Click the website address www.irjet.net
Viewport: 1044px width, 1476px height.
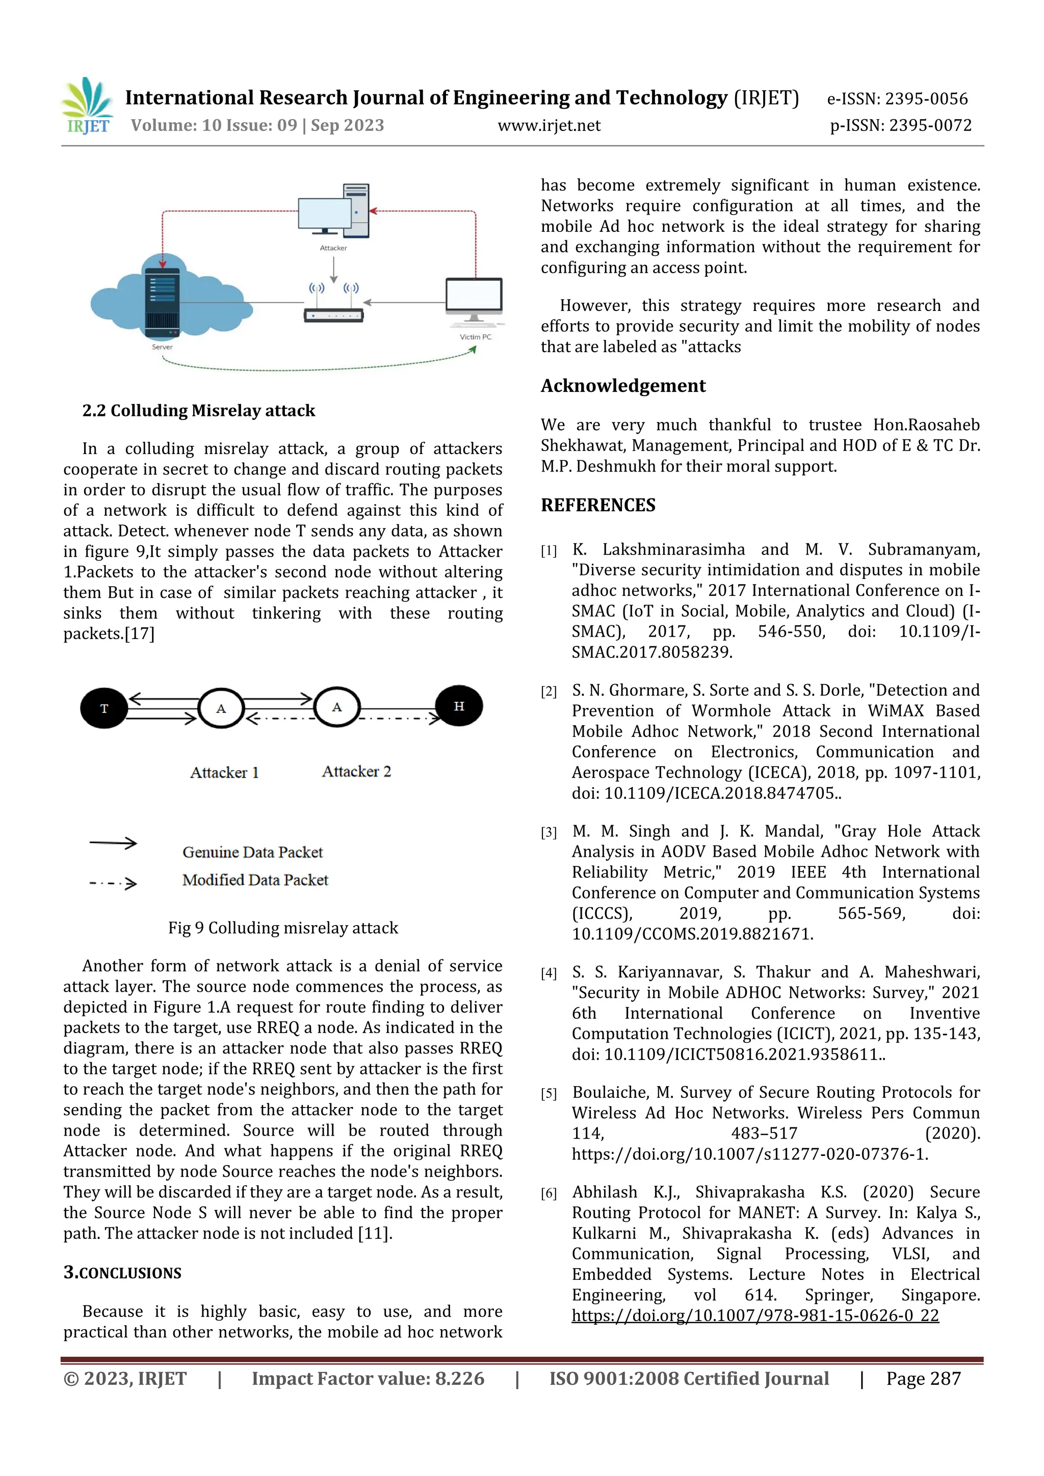click(549, 125)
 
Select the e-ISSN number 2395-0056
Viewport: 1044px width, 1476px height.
click(897, 98)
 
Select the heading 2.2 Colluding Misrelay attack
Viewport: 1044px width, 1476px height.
click(199, 410)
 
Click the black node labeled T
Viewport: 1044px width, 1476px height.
click(104, 708)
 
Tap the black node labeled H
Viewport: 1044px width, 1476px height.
click(458, 706)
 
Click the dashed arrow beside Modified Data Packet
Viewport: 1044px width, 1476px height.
click(113, 883)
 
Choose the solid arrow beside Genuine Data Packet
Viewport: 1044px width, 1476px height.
click(113, 843)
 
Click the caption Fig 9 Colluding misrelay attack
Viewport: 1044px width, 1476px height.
click(283, 928)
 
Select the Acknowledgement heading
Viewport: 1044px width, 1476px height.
click(622, 385)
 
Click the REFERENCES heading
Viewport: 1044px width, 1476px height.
click(598, 505)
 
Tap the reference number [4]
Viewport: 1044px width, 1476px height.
click(549, 973)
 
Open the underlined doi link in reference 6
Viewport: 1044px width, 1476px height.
click(755, 1315)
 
